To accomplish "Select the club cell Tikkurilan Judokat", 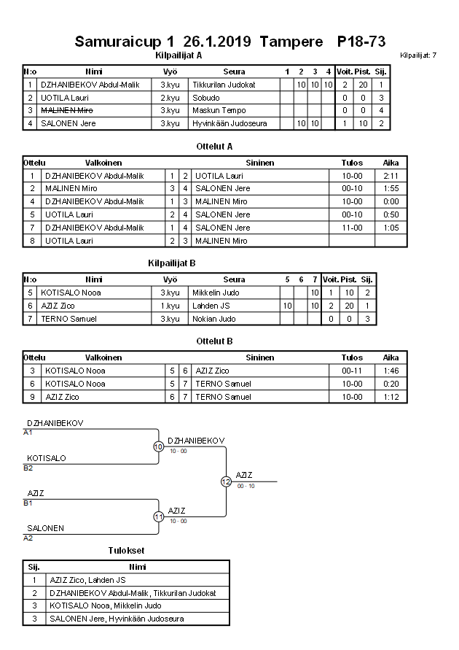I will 224,85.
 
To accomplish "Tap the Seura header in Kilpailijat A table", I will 234,71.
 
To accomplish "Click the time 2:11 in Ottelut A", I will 391,176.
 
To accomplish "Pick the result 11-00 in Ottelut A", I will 352,228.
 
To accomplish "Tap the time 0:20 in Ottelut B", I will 391,384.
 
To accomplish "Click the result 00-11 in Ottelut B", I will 352,371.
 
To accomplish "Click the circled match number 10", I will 158,447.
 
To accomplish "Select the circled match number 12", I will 226,481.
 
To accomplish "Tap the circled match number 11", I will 158,516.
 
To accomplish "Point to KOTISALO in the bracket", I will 47,458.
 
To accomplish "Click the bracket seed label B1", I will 28,503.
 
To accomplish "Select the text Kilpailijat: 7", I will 418,55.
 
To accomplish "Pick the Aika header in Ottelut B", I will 391,357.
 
